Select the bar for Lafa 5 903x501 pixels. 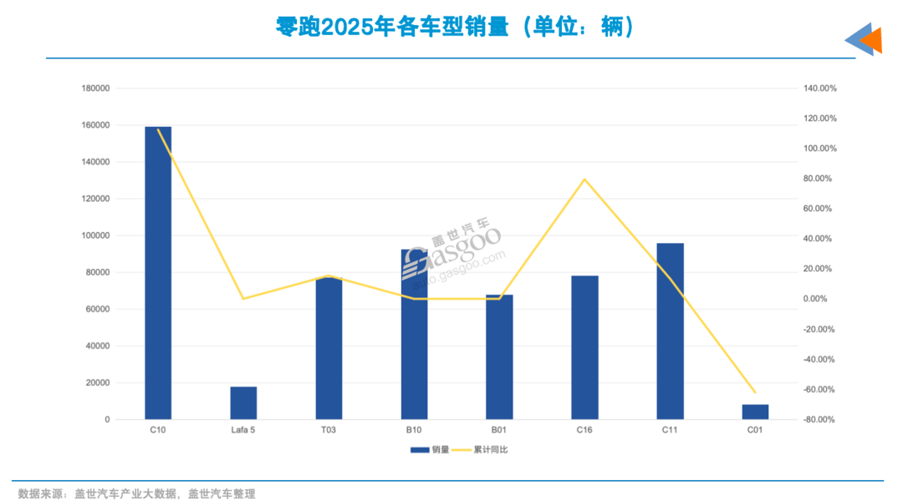point(243,403)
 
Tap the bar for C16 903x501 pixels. point(584,347)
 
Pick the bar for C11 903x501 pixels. point(670,331)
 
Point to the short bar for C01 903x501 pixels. point(755,412)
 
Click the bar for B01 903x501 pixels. point(499,357)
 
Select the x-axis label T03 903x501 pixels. point(329,430)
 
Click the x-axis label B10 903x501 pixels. point(414,430)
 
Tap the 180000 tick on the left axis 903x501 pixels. point(95,89)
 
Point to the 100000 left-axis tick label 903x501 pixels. point(95,235)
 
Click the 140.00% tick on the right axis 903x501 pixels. point(819,89)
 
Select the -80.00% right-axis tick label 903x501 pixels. point(819,420)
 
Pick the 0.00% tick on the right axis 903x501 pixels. point(815,299)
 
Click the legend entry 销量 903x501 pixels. point(431,450)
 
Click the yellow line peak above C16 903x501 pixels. point(585,179)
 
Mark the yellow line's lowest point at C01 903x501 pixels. point(755,392)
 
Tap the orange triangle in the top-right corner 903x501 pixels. point(873,39)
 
